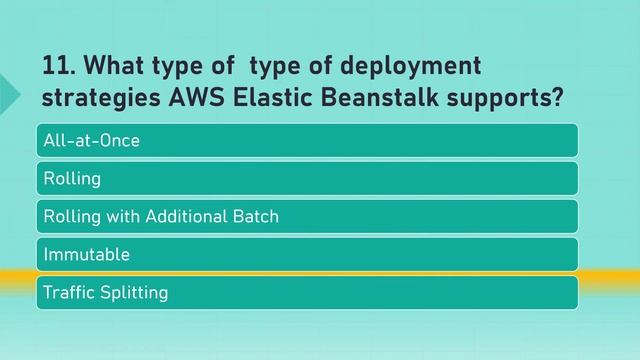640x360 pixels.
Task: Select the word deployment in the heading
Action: click(411, 67)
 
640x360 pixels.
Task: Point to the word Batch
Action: click(256, 216)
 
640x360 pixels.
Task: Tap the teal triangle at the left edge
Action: click(8, 91)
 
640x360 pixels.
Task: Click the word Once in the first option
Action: click(119, 140)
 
